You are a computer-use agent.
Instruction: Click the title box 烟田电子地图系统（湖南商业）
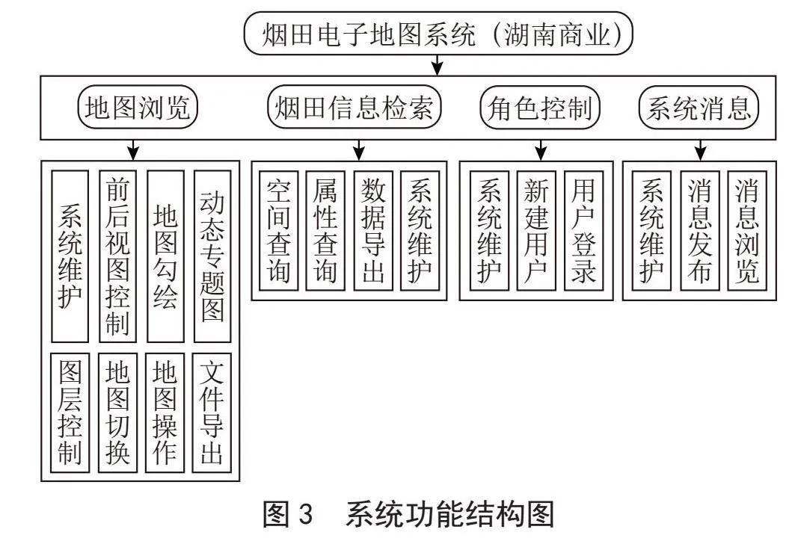(438, 34)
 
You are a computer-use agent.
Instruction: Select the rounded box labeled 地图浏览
(138, 107)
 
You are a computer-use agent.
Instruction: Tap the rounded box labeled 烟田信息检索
(354, 107)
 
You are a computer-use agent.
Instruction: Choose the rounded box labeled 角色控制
(540, 107)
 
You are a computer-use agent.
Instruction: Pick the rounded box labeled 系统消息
(699, 107)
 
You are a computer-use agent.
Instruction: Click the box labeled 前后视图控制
(117, 256)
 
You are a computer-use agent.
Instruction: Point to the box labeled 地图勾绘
(165, 256)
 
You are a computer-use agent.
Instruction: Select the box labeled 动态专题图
(212, 256)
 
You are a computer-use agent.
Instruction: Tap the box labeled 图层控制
(70, 412)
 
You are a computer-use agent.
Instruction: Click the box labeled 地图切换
(117, 412)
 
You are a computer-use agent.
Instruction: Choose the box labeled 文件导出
(212, 412)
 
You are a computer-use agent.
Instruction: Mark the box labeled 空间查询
(279, 231)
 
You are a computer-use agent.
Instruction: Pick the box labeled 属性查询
(325, 231)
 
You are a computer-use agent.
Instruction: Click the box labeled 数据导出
(373, 231)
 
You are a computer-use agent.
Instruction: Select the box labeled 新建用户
(536, 231)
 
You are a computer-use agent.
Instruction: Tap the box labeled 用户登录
(584, 231)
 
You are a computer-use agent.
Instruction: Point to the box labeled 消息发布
(700, 231)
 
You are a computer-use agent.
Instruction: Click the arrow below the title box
(438, 65)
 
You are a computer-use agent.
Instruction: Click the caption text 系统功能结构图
(450, 514)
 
